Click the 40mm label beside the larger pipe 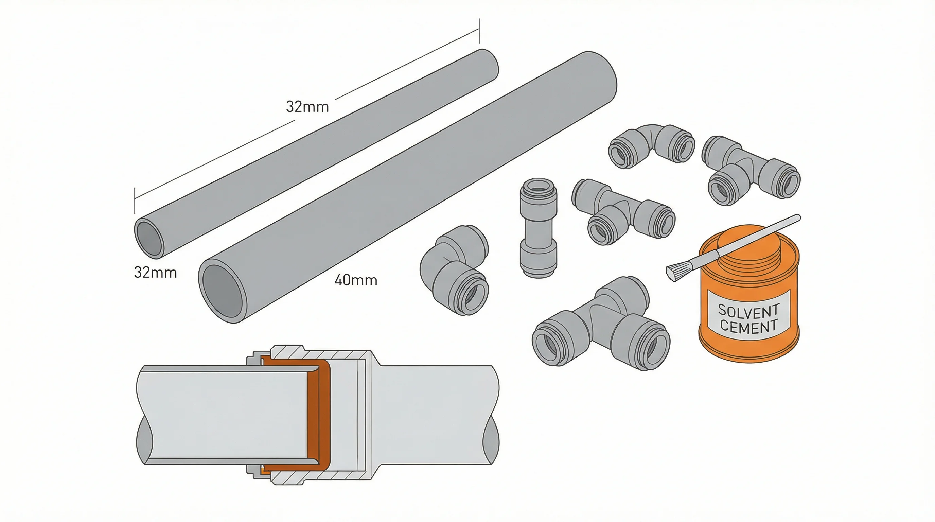coord(356,280)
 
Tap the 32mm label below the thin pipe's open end coord(155,273)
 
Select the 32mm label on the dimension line coord(307,107)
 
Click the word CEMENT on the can coord(748,327)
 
